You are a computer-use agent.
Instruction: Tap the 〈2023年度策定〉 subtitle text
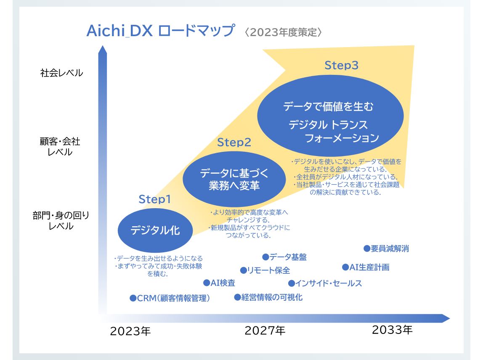[283, 32]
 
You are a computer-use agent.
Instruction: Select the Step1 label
[154, 199]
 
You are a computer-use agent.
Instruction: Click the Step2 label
[234, 142]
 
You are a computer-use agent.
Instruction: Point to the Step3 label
[341, 65]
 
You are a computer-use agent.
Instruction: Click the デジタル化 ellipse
[155, 230]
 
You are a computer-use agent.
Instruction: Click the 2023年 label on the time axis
[130, 331]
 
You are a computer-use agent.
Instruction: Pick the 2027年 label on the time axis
[265, 331]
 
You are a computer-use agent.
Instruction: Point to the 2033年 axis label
[392, 330]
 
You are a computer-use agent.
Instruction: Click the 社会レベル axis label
[61, 73]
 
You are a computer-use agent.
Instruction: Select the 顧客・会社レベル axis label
[60, 147]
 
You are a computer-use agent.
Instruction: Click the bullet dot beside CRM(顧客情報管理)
[133, 298]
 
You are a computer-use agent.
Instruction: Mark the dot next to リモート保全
[243, 270]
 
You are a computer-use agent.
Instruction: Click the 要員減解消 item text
[390, 249]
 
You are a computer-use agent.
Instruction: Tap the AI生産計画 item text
[369, 267]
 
